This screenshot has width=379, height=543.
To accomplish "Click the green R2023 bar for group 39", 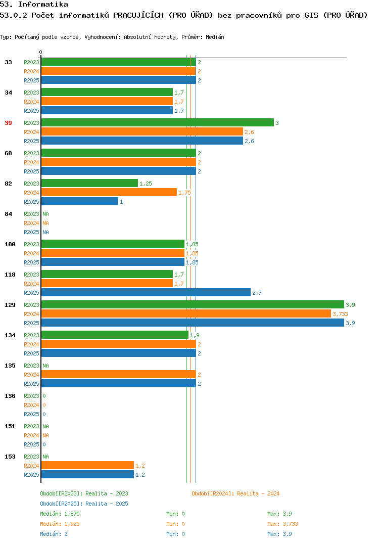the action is pyautogui.click(x=158, y=122).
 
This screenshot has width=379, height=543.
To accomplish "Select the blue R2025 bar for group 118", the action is pyautogui.click(x=146, y=293).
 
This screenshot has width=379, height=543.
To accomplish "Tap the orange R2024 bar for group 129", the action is pyautogui.click(x=186, y=314).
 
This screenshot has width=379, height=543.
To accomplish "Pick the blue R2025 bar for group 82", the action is pyautogui.click(x=80, y=202).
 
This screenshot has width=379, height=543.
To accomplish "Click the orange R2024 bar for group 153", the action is pyautogui.click(x=87, y=466).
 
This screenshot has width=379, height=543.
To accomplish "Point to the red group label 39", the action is pyautogui.click(x=8, y=123).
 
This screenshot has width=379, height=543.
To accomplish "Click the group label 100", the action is pyautogui.click(x=10, y=244).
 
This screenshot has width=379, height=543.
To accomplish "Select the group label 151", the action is pyautogui.click(x=10, y=426).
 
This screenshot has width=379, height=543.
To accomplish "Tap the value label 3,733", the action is pyautogui.click(x=340, y=314).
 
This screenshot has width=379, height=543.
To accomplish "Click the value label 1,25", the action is pyautogui.click(x=146, y=184).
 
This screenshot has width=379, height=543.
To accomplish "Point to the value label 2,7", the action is pyautogui.click(x=257, y=293).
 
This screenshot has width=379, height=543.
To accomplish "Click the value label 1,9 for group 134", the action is pyautogui.click(x=195, y=335).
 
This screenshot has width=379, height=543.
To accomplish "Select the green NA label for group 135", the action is pyautogui.click(x=45, y=366).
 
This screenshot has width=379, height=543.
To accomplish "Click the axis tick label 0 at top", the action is pyautogui.click(x=40, y=52).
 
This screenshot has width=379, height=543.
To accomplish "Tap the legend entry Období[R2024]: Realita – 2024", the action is pyautogui.click(x=235, y=493).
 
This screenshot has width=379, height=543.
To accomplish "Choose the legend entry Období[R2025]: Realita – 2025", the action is pyautogui.click(x=84, y=504).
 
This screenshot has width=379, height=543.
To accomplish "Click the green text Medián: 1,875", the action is pyautogui.click(x=60, y=514).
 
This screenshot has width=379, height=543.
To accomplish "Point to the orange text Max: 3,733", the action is pyautogui.click(x=282, y=524).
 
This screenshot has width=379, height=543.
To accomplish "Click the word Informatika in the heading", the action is pyautogui.click(x=43, y=5).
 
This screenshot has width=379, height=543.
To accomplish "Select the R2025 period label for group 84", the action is pyautogui.click(x=31, y=233).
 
